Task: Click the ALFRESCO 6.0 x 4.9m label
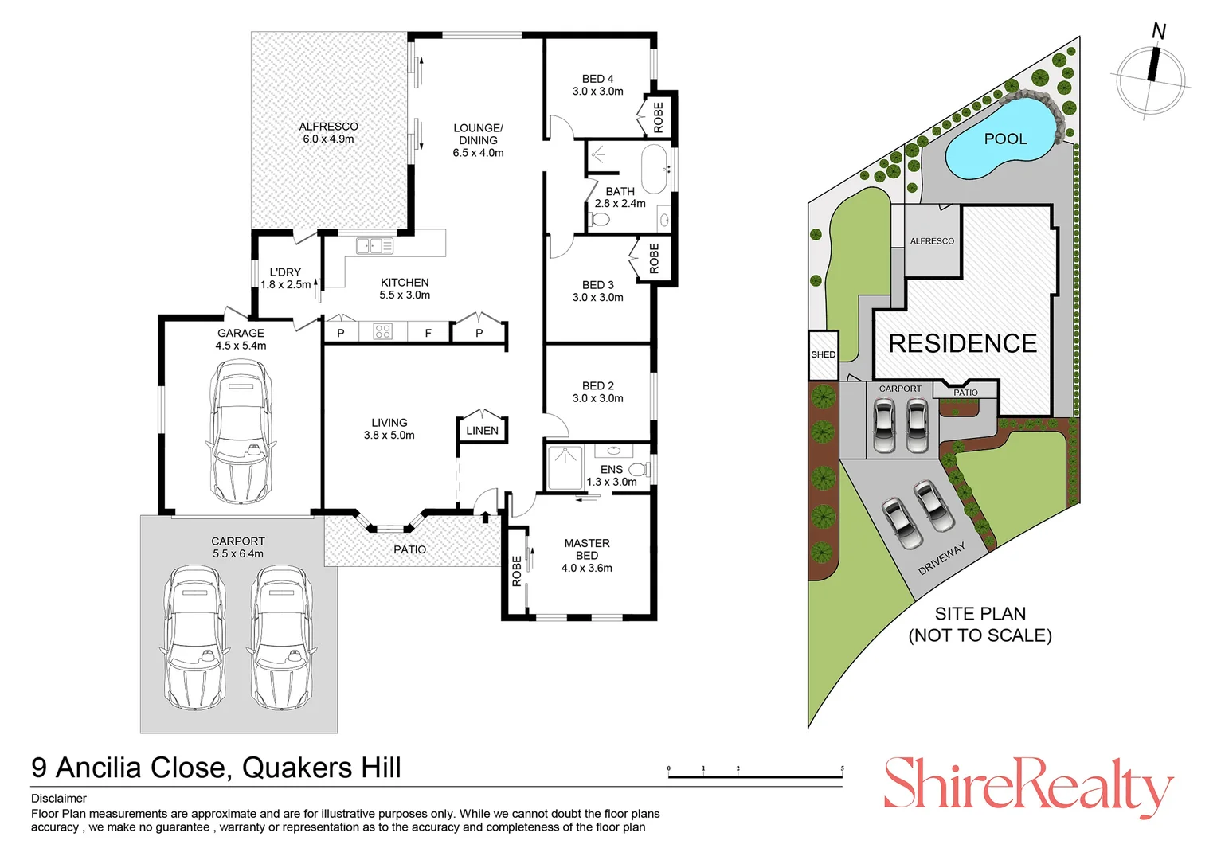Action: point(328,132)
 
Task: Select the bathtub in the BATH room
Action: point(654,169)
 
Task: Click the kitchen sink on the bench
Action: point(374,246)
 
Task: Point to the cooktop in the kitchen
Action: point(383,331)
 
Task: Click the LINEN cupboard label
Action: point(482,431)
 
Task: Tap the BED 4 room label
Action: point(597,84)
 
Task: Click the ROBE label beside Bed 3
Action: point(654,260)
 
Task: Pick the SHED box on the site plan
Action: point(823,354)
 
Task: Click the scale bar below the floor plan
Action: point(755,775)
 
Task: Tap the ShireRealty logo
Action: point(1027,785)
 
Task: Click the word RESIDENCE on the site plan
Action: point(962,343)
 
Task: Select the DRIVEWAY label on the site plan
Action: point(941,558)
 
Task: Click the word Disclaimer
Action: point(59,798)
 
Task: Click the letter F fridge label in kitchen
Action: point(428,333)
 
